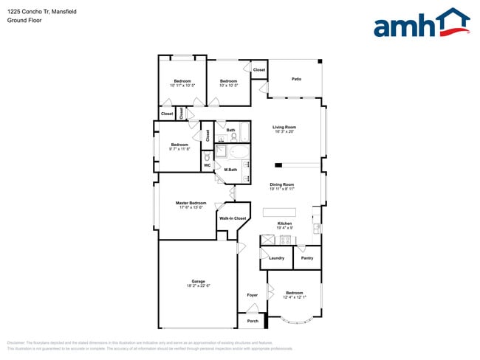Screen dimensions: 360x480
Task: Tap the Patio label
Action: (x=296, y=78)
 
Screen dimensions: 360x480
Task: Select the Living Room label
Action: (x=284, y=128)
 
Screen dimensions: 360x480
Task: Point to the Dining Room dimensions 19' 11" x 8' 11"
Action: (x=282, y=189)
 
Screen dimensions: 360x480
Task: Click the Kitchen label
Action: (x=284, y=223)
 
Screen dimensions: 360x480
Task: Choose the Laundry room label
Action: (x=277, y=257)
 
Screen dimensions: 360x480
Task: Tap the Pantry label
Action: (x=307, y=257)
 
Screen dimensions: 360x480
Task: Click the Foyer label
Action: (x=253, y=295)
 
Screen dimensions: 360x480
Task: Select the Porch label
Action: (x=253, y=321)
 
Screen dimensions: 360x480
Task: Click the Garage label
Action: (x=197, y=280)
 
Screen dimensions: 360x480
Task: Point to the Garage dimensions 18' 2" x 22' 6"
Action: (x=197, y=285)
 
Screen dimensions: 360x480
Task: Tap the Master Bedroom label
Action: (x=191, y=202)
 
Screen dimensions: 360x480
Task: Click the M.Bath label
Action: (x=230, y=170)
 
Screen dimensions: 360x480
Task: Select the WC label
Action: (x=208, y=165)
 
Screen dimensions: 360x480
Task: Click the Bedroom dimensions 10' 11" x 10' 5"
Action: (x=182, y=86)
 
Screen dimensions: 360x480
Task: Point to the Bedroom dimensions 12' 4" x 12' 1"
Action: (x=294, y=297)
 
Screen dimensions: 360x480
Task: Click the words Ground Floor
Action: (x=24, y=21)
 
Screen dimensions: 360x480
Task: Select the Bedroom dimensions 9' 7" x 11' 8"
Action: (x=180, y=149)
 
